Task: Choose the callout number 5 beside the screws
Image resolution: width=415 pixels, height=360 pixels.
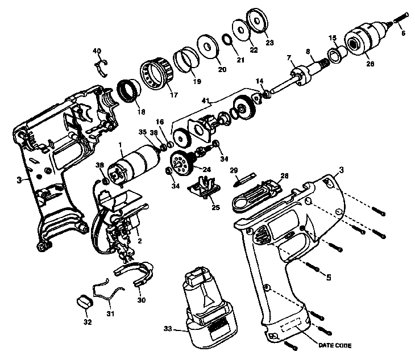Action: [328, 278]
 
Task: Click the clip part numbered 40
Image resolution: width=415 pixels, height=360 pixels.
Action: [101, 65]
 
